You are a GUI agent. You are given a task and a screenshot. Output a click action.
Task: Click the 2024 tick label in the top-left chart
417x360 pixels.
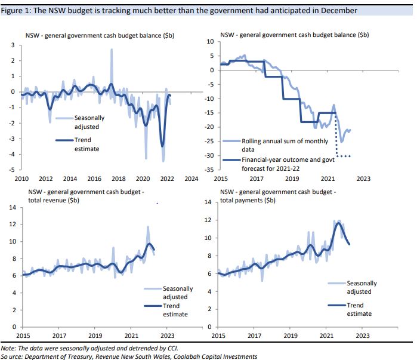tap(191, 179)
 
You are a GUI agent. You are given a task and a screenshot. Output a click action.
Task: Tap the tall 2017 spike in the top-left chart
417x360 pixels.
tap(112, 50)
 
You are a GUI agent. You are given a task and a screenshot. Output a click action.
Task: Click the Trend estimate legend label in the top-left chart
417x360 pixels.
tap(87, 144)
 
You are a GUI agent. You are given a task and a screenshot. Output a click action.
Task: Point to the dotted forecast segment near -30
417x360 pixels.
tap(344, 156)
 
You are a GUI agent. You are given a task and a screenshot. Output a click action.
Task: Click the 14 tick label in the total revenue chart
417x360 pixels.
tap(11, 207)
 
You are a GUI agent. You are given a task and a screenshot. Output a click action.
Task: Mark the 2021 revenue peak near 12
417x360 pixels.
tap(148, 227)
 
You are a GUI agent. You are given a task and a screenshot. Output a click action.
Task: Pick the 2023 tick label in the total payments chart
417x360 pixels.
tap(363, 336)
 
